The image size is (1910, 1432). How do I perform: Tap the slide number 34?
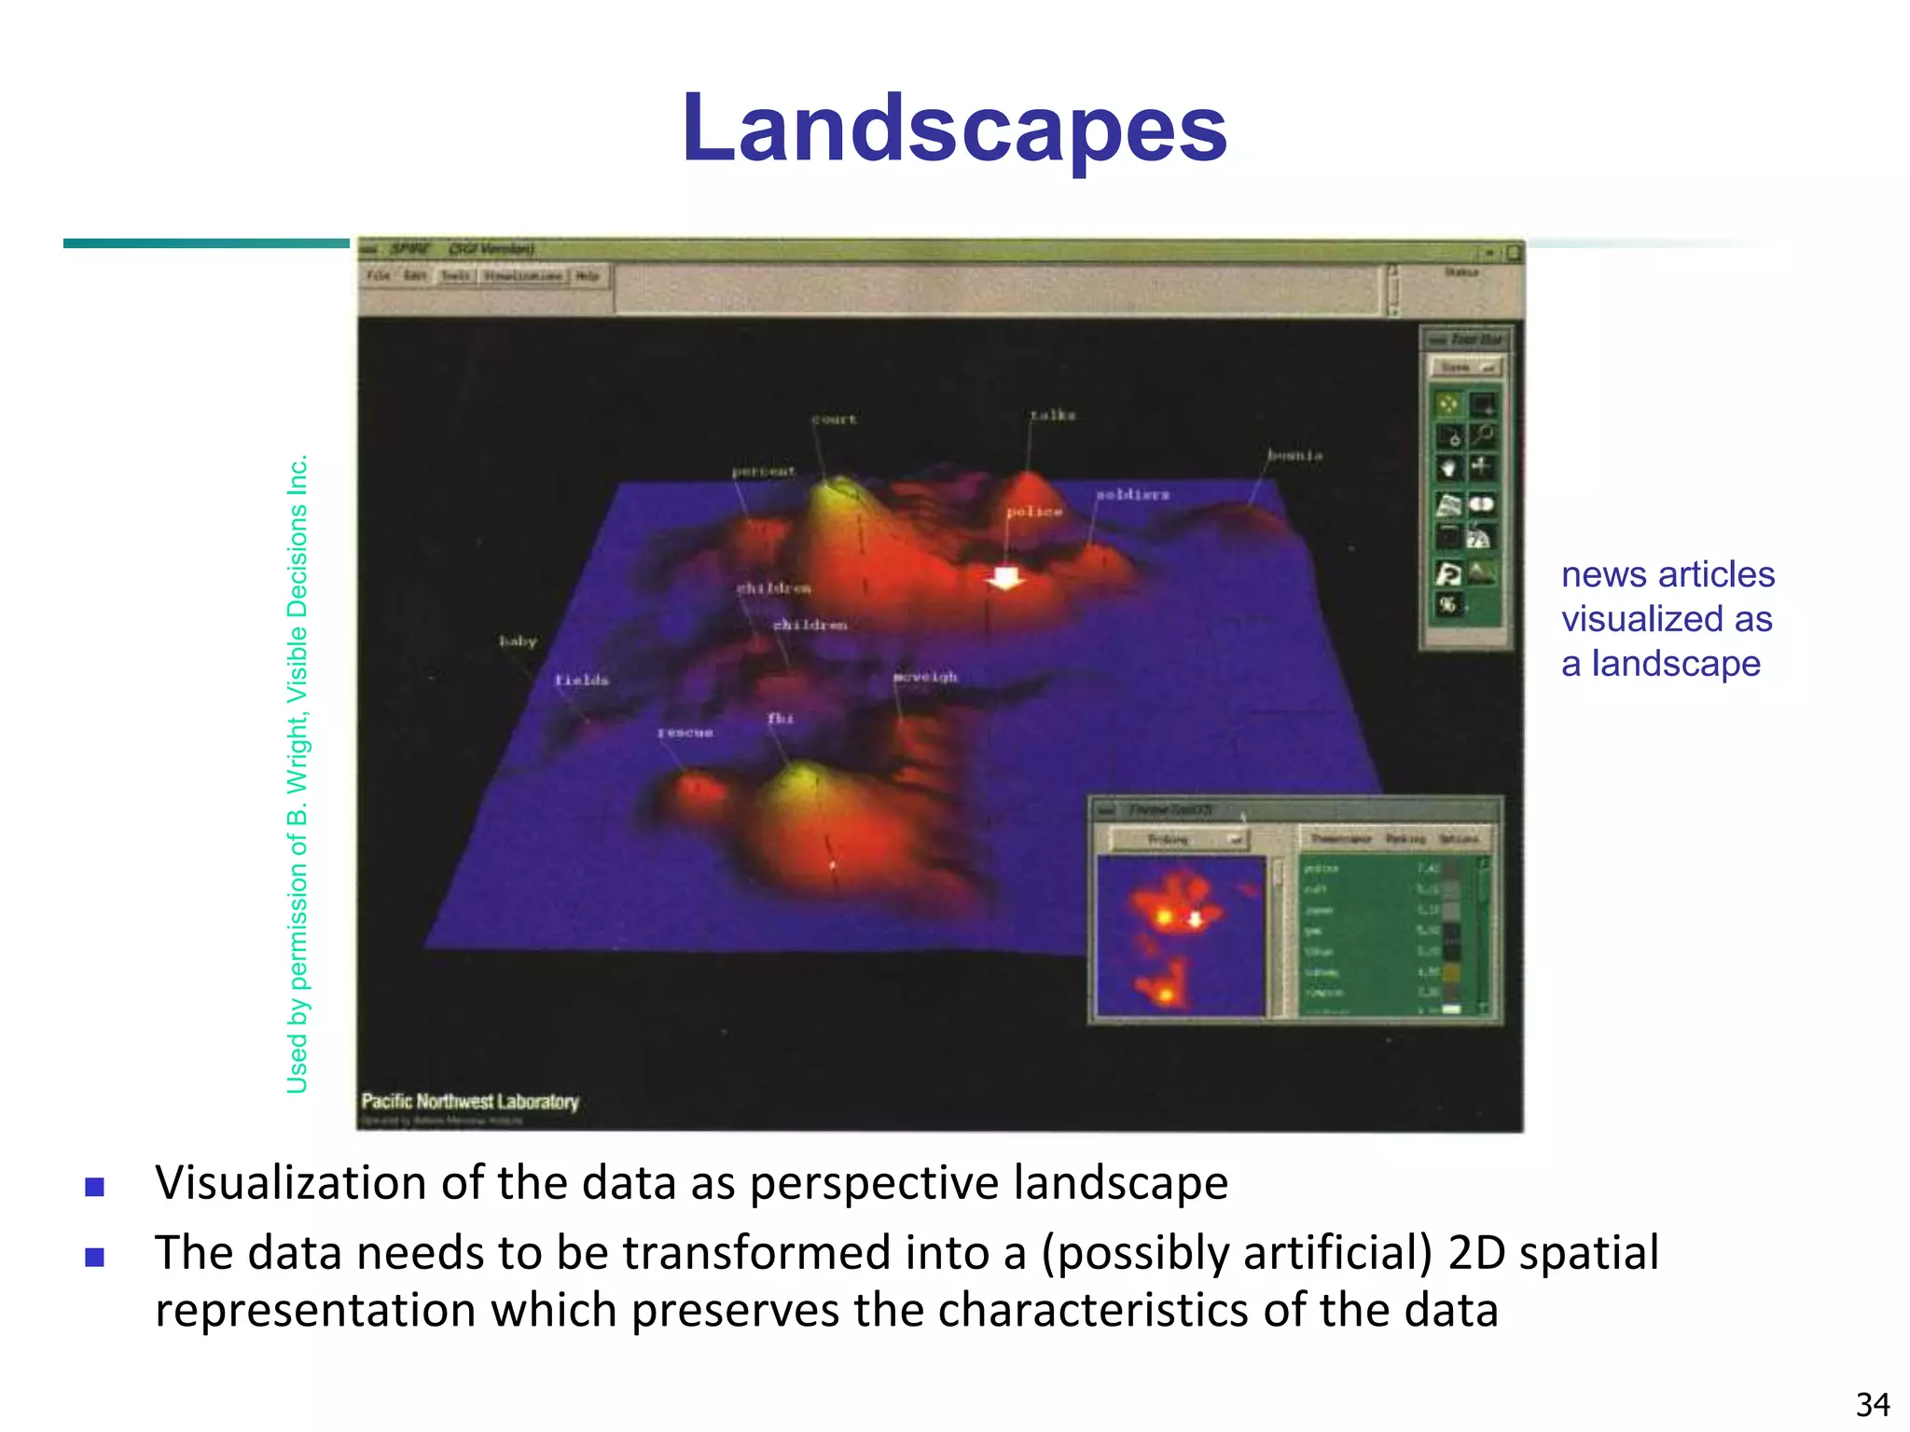pos(1873,1404)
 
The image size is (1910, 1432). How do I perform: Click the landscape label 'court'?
pos(834,420)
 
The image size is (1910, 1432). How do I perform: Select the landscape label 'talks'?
pos(1052,415)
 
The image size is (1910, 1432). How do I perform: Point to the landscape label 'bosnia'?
pos(1294,455)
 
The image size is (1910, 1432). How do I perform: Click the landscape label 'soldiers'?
pos(1132,494)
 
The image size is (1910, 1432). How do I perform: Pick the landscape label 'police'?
pos(1034,511)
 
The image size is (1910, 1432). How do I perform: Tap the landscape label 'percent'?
pos(764,472)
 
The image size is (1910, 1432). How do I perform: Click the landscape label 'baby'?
pos(518,641)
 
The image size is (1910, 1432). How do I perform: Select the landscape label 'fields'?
pos(582,681)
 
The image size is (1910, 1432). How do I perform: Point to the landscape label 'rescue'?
pos(685,733)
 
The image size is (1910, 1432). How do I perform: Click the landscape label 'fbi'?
pos(781,718)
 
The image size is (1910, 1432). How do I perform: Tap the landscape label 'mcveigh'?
pos(925,676)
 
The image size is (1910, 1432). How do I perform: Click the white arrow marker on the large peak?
pos(1005,578)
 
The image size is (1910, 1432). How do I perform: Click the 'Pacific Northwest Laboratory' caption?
pos(470,1101)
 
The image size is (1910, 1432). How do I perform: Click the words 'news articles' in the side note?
pos(1668,574)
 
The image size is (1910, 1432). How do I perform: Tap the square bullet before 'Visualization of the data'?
pos(94,1187)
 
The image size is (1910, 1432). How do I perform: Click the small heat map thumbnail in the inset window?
pos(1181,936)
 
